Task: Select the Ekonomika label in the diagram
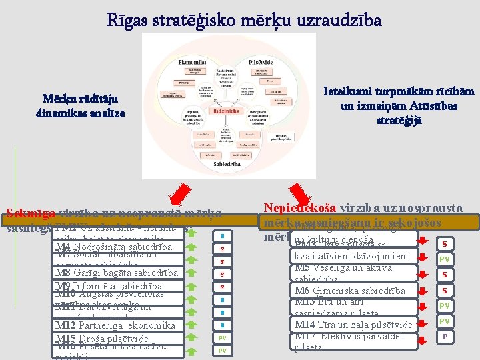coord(192,61)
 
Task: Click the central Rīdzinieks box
coord(227,112)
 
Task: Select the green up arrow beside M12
coord(191,325)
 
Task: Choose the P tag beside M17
coord(444,336)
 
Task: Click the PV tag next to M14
coord(444,322)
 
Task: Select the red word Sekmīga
coord(31,214)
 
